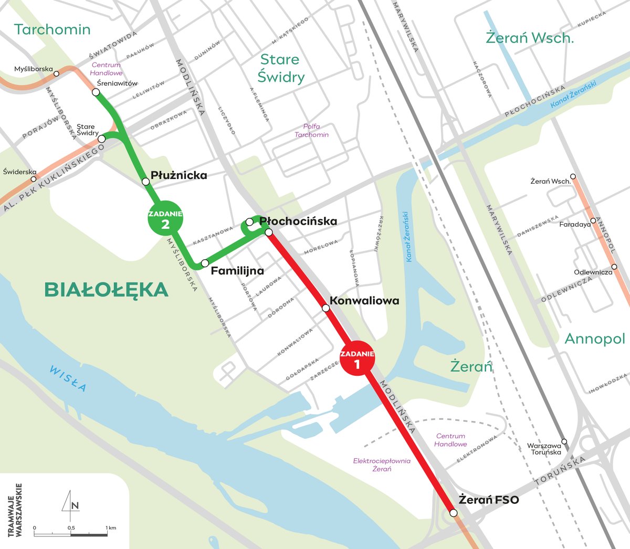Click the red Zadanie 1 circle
(x=358, y=360)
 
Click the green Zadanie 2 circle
(x=165, y=219)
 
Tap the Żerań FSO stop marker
(x=454, y=513)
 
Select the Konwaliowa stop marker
(x=325, y=308)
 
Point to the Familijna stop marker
(x=205, y=263)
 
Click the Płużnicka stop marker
(x=146, y=182)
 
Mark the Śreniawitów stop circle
(x=96, y=92)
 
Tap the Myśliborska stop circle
(x=57, y=73)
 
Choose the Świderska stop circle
(x=34, y=179)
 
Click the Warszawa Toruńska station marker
(x=564, y=441)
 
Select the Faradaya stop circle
(x=593, y=221)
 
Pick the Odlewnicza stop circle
(x=614, y=267)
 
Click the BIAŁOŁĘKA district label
(x=106, y=290)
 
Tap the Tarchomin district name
(x=52, y=29)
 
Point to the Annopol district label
(x=595, y=339)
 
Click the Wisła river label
(x=68, y=378)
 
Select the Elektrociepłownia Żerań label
(x=382, y=465)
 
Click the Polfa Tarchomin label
(x=312, y=131)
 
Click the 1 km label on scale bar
(x=110, y=527)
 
